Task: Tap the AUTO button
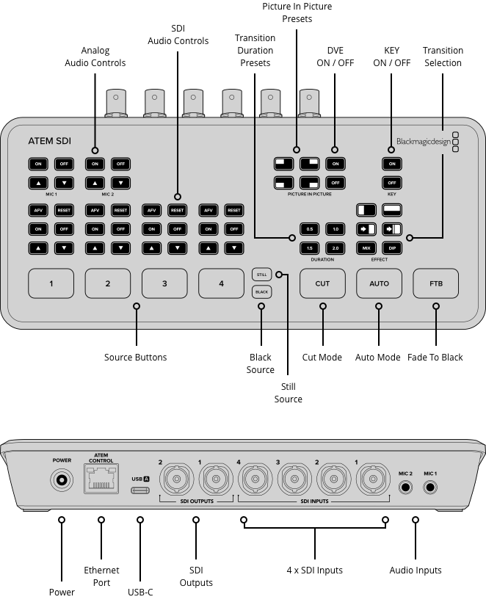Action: click(379, 283)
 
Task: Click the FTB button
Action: click(436, 283)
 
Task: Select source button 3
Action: click(164, 283)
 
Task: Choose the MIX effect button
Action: click(366, 249)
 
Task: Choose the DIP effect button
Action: click(392, 249)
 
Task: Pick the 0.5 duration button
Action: click(309, 229)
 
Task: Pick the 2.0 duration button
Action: click(336, 249)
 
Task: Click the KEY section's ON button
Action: click(392, 163)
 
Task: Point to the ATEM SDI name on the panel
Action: click(50, 141)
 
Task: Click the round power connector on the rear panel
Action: click(62, 482)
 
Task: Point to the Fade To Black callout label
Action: click(435, 358)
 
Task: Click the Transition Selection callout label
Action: click(443, 57)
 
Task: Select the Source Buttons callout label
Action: click(136, 358)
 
